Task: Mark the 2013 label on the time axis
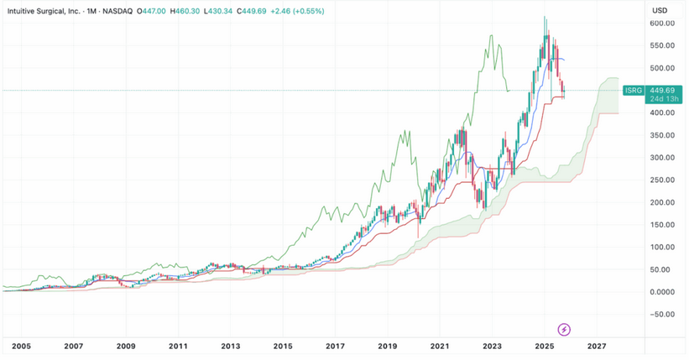(x=231, y=346)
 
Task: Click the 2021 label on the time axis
(x=440, y=346)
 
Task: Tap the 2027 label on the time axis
(x=597, y=346)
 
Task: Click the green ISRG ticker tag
(x=634, y=90)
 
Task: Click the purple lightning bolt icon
(x=565, y=328)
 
